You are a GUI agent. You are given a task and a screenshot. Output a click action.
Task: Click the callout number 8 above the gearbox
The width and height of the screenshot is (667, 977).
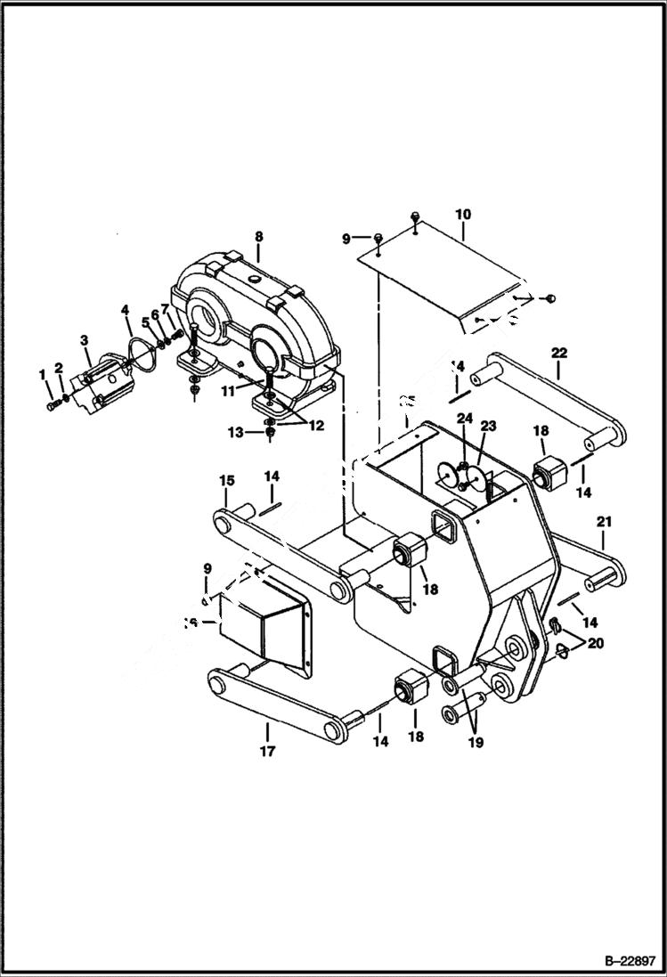click(x=258, y=237)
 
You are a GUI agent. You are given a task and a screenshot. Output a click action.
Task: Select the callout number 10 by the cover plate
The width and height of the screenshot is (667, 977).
click(x=463, y=215)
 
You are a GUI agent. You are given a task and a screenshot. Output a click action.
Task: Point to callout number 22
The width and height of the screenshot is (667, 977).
click(x=558, y=353)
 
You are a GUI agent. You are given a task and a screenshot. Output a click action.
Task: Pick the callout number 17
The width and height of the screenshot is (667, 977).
click(x=267, y=751)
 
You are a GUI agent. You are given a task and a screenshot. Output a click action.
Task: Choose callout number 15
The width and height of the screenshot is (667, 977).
click(x=227, y=481)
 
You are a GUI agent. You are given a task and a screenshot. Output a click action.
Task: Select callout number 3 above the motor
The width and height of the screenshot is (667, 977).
click(x=85, y=339)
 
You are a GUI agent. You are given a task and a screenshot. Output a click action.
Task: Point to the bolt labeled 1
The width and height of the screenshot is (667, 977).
click(x=52, y=405)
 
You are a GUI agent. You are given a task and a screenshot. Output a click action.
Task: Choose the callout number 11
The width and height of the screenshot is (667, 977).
click(x=227, y=389)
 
